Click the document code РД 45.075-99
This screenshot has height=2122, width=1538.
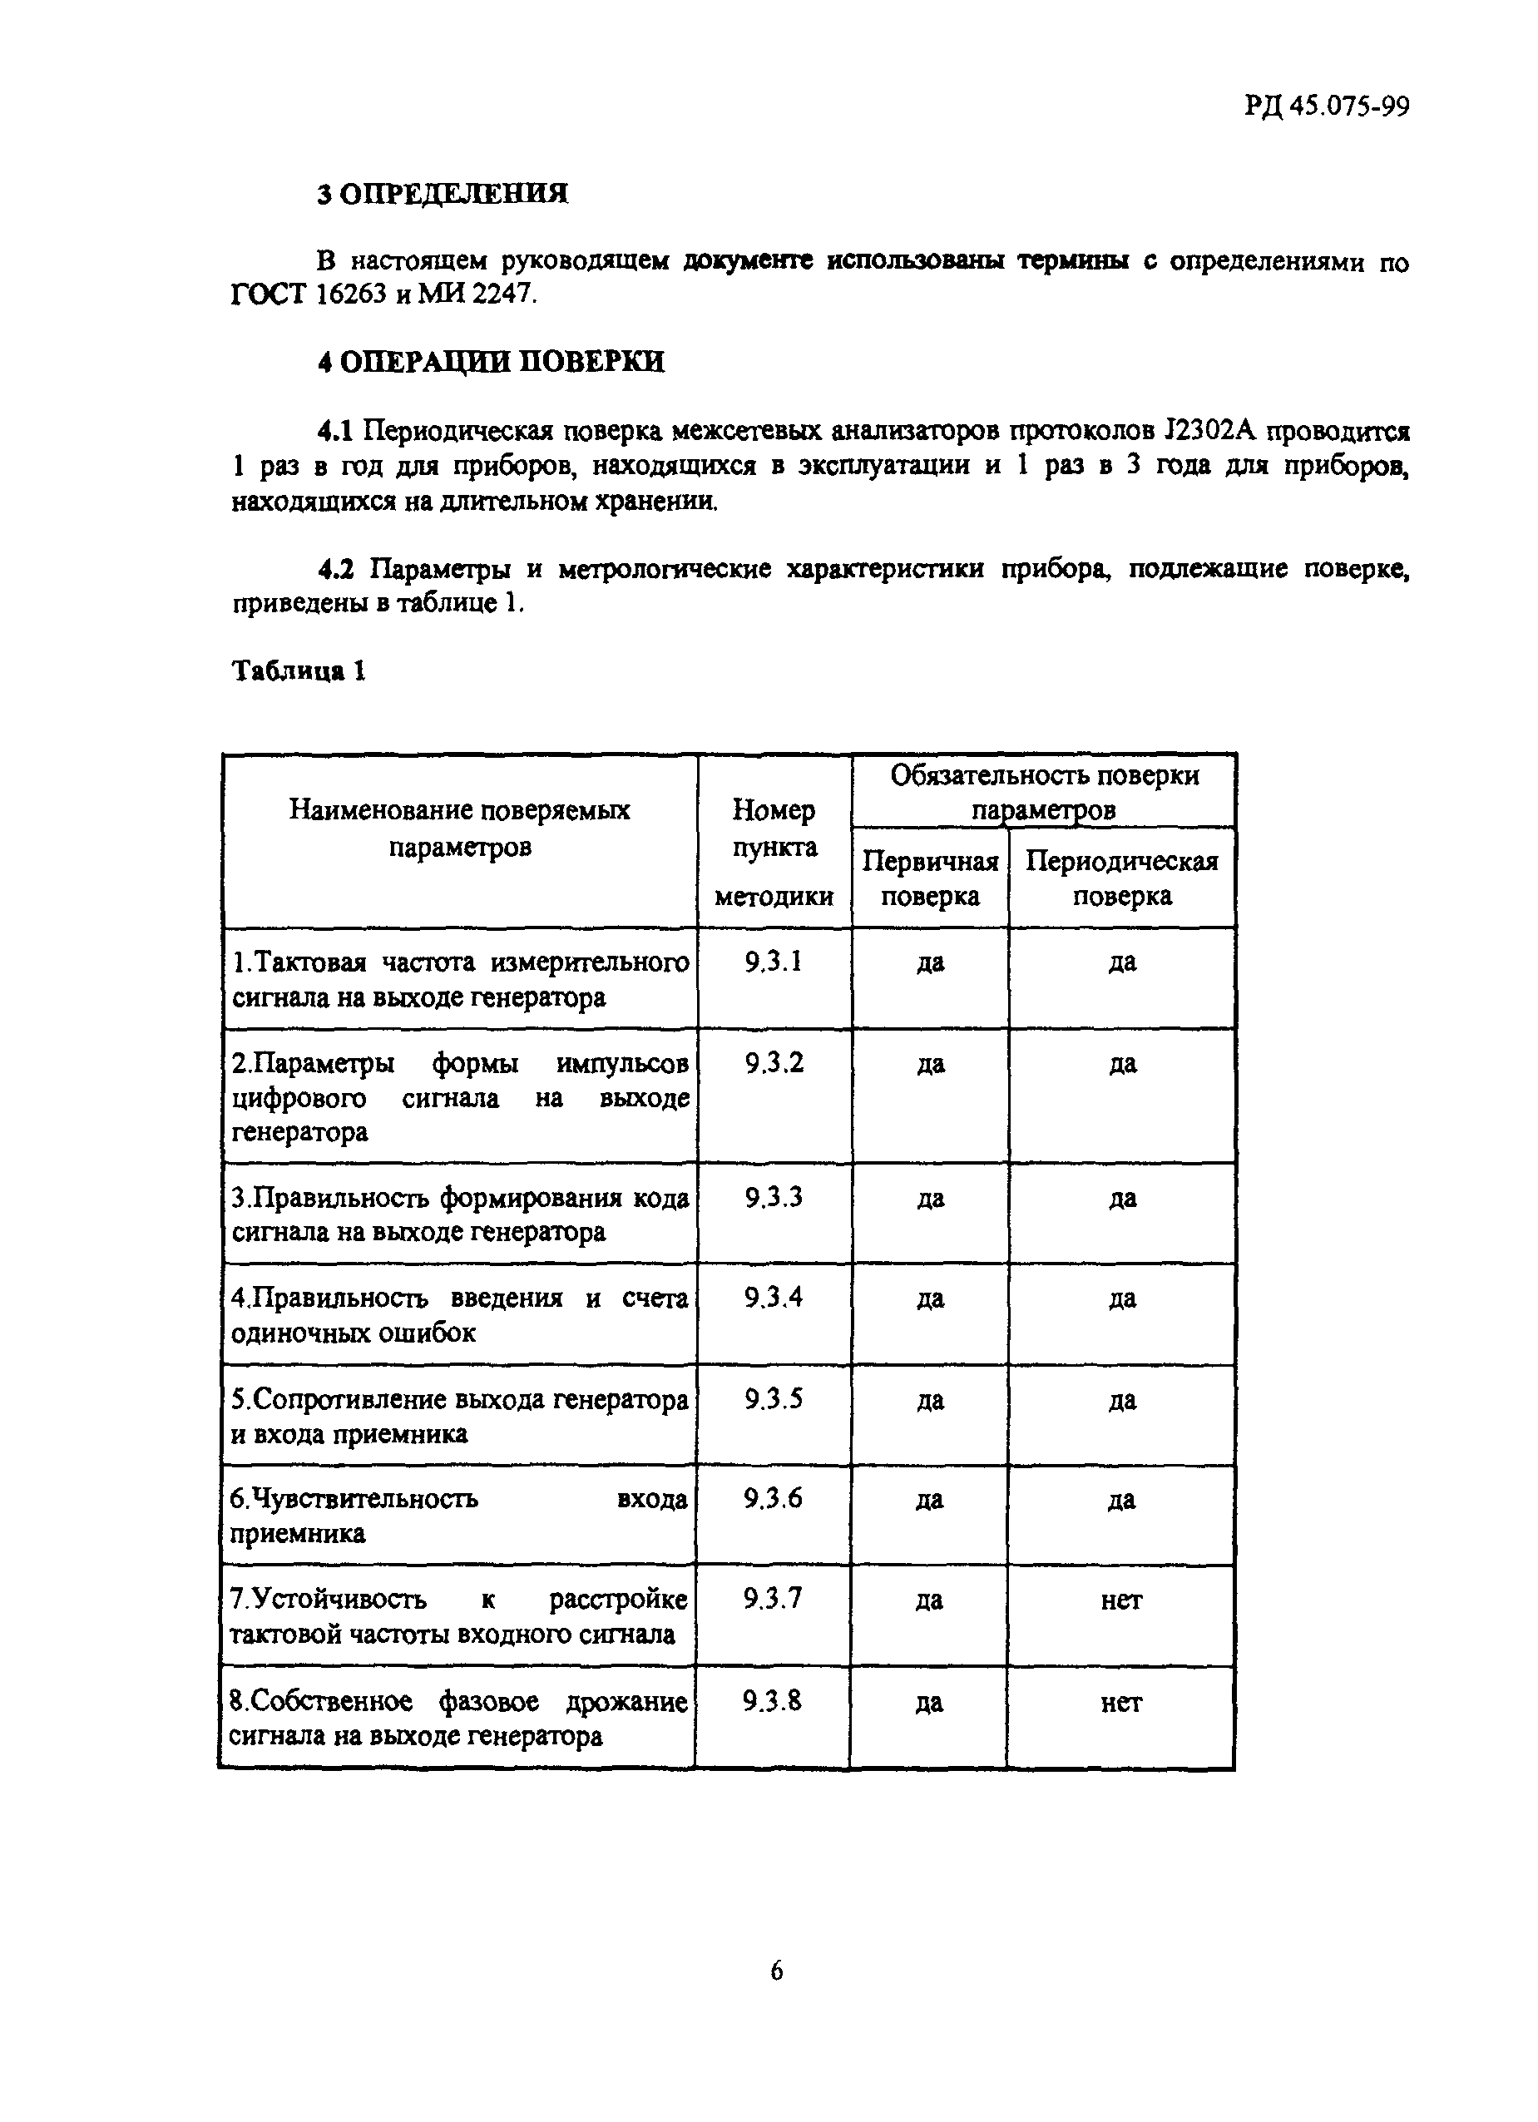(x=1326, y=106)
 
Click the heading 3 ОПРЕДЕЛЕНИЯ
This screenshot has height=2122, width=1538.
(x=443, y=194)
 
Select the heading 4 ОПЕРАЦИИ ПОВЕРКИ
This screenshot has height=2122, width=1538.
(x=490, y=362)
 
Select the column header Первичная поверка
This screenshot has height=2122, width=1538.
(x=930, y=878)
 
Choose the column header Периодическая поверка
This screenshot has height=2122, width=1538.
(x=1122, y=878)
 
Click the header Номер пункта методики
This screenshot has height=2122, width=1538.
(x=774, y=853)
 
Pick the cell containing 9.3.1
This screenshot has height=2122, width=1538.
(x=774, y=962)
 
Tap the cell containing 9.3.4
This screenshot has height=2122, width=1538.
(x=774, y=1298)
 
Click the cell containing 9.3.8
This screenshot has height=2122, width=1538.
(x=773, y=1700)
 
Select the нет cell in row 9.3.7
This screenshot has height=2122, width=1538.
(x=1120, y=1600)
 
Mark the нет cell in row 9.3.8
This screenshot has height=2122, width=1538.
(x=1120, y=1703)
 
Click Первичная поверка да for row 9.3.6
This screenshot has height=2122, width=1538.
(x=929, y=1500)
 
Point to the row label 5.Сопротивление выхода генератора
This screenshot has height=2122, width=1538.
(x=459, y=1400)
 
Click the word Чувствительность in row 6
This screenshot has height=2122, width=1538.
(x=354, y=1499)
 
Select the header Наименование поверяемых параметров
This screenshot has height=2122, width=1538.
(x=459, y=828)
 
